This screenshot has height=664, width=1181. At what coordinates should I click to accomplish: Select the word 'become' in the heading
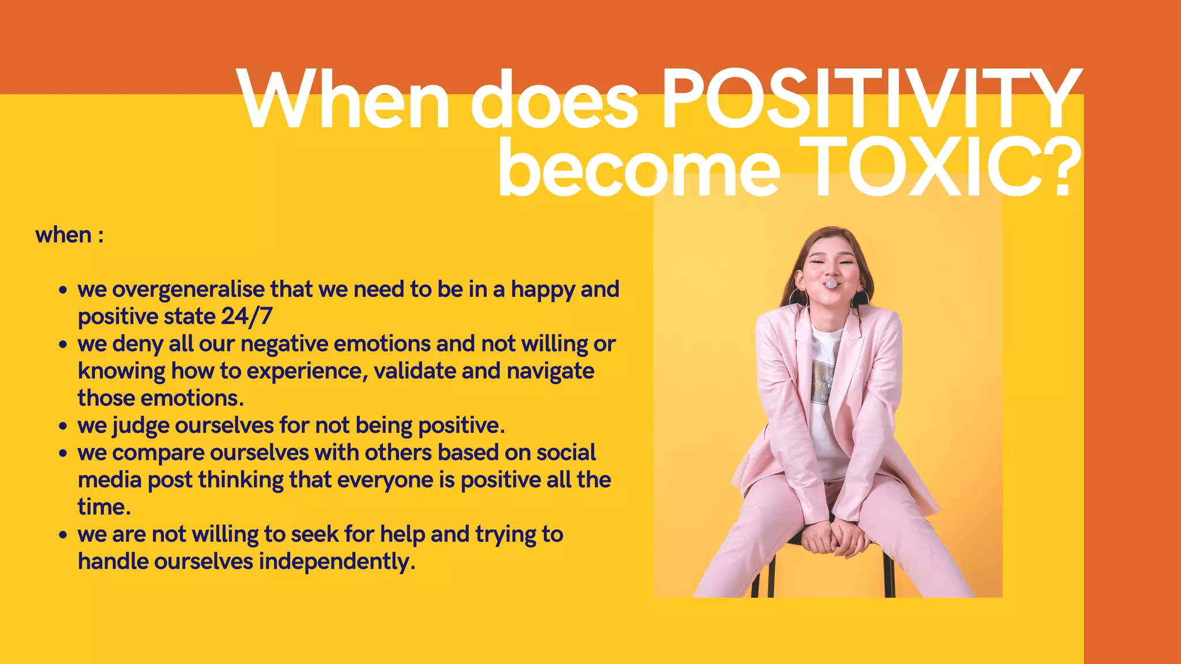(x=639, y=168)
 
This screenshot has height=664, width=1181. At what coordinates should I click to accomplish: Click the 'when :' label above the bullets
(x=70, y=235)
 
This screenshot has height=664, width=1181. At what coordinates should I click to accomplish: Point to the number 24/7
(x=246, y=316)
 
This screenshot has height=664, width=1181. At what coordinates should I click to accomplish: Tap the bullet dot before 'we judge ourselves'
(x=63, y=427)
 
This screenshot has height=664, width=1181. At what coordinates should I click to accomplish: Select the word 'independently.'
(x=337, y=561)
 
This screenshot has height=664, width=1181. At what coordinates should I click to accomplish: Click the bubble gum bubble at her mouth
(x=830, y=284)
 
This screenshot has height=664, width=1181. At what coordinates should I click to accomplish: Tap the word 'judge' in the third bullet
(x=141, y=426)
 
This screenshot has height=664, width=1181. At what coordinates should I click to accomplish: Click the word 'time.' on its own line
(x=104, y=507)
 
